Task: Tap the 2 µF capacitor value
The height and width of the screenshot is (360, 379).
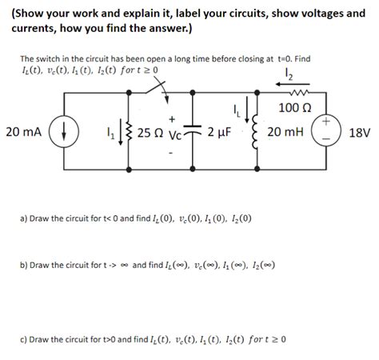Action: tap(218, 132)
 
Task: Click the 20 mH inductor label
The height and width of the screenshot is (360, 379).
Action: tap(287, 132)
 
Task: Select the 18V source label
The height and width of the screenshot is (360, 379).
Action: tap(361, 132)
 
